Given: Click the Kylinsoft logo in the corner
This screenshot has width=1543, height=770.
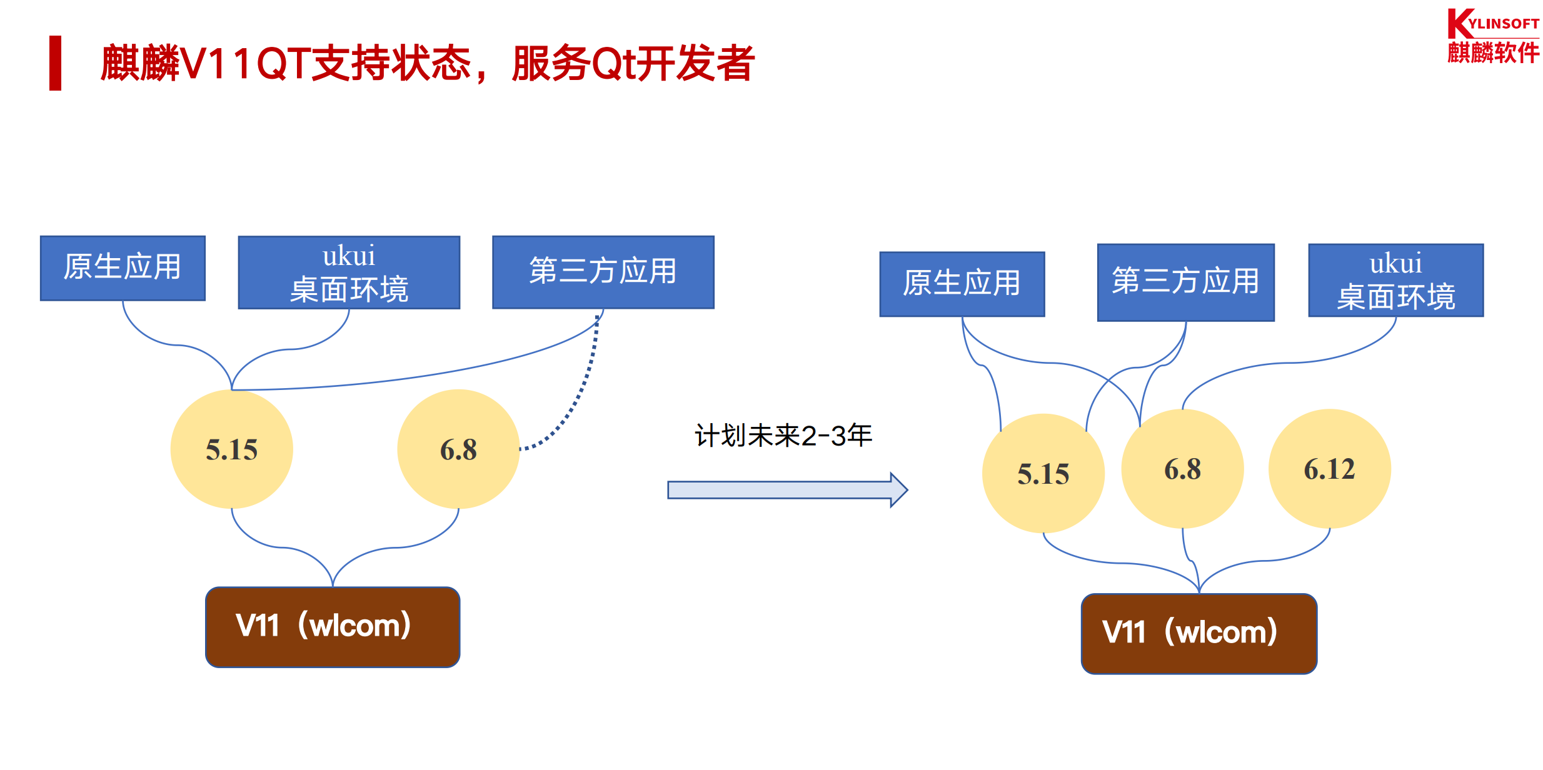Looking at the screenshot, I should (x=1492, y=36).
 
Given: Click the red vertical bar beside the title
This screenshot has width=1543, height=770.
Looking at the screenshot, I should (x=56, y=63).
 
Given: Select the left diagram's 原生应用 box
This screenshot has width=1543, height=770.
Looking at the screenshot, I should (x=123, y=268).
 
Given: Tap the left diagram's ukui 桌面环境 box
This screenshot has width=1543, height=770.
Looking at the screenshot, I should (x=349, y=272).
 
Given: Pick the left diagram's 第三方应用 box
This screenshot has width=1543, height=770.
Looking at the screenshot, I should (x=603, y=272).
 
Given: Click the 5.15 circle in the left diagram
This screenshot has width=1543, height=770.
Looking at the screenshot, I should (x=231, y=449).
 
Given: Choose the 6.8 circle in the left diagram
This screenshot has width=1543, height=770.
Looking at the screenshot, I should (x=458, y=449).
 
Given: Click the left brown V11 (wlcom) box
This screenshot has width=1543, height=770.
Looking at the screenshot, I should (x=333, y=627).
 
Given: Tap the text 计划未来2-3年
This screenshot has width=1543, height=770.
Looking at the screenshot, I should (x=783, y=436).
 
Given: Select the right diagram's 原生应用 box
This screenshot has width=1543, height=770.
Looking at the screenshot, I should (x=962, y=284).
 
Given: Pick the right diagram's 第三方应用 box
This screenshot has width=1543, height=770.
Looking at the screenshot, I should (x=1185, y=282).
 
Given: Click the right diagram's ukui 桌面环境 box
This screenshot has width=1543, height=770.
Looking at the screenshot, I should (x=1395, y=281).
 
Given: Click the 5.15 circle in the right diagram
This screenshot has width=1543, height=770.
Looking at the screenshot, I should (x=1043, y=473).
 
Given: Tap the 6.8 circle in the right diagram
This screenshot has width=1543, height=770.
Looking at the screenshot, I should (x=1182, y=469).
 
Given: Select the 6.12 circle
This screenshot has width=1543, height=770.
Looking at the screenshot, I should (x=1329, y=469).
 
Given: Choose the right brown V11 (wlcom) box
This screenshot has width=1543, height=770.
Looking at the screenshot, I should (x=1199, y=633).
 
